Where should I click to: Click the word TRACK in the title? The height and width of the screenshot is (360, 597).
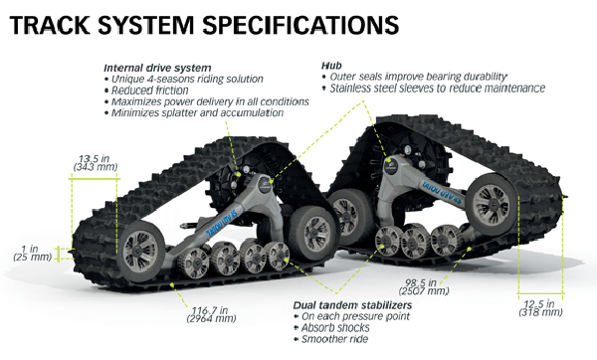tap(52, 21)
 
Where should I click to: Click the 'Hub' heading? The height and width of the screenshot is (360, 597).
tap(329, 64)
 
